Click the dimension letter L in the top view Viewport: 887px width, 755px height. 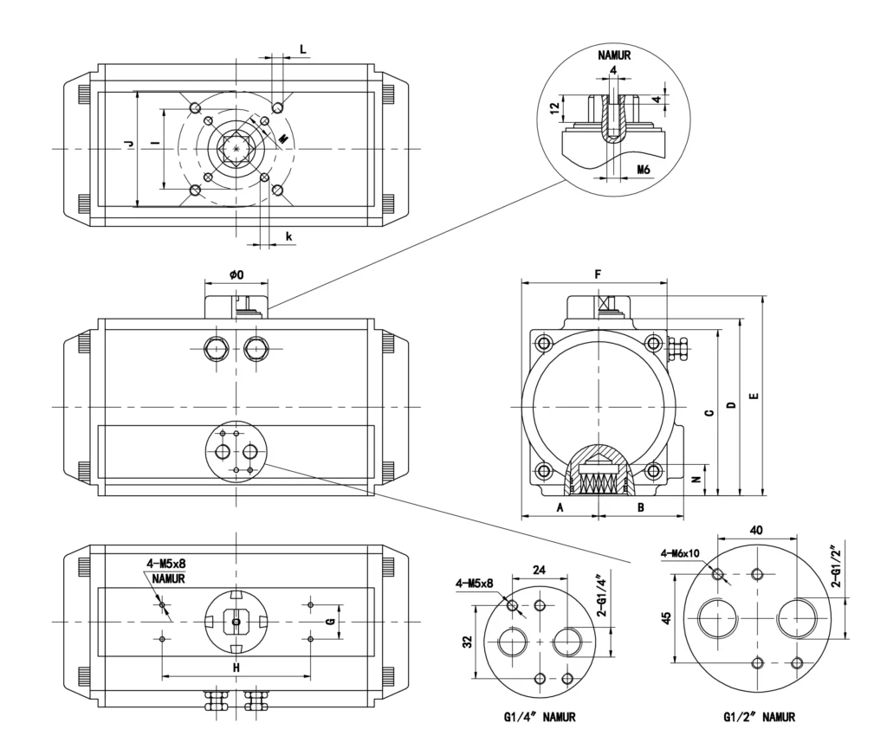point(302,49)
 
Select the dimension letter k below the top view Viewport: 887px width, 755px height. point(288,235)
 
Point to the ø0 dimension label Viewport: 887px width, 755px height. point(236,274)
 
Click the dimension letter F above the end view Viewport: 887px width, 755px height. point(598,274)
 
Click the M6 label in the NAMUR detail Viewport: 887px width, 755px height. point(643,169)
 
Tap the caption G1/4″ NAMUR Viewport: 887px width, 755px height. point(539,717)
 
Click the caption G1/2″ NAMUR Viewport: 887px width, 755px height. point(760,717)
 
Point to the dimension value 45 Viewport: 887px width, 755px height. point(664,618)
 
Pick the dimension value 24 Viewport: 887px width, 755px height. point(539,571)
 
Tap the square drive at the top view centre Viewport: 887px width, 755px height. point(235,149)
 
